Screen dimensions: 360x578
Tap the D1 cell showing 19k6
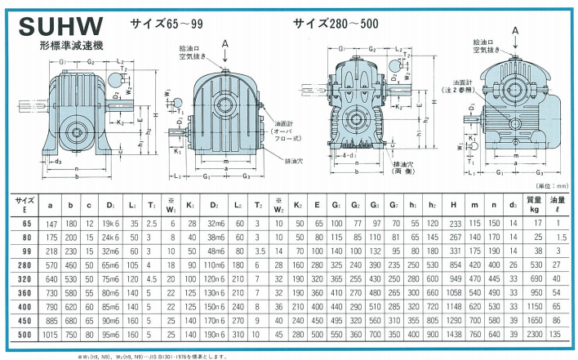[x=112, y=222]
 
